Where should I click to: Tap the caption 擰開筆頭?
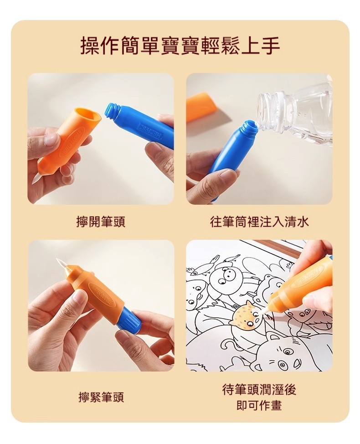[101, 222]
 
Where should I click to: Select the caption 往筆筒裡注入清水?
[259, 222]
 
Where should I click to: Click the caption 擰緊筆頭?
[101, 398]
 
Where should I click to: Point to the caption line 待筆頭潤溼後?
[259, 389]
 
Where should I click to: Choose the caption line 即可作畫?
[259, 405]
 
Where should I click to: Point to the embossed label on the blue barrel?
[151, 129]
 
